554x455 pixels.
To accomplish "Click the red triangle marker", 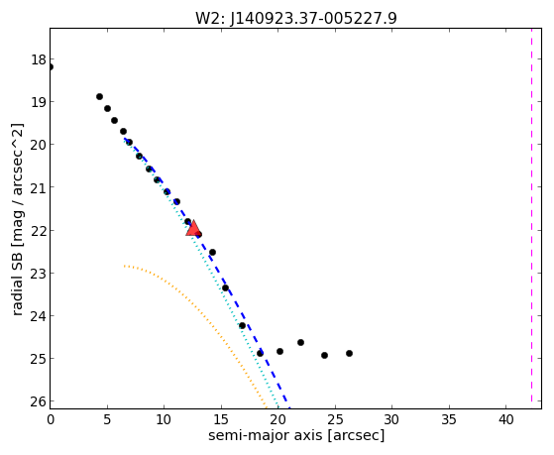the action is tap(193, 228).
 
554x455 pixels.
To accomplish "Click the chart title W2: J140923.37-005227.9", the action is tap(296, 18).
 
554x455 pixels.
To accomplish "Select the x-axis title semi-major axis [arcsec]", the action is tap(296, 435).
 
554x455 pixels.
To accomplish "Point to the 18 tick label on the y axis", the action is tap(38, 59).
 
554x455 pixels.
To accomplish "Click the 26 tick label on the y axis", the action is tap(38, 401).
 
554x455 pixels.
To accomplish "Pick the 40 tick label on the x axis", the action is tap(505, 419).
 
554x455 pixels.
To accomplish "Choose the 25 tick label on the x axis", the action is tap(335, 419).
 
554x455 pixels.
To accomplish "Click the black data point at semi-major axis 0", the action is tap(51, 66).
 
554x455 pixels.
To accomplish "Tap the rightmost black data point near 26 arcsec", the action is tap(349, 353).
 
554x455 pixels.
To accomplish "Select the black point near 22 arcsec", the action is tap(300, 342).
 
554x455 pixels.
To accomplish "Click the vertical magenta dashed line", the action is tap(531, 218).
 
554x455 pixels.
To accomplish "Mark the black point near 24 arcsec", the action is tap(324, 355).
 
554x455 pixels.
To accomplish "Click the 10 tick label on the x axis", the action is tap(164, 419).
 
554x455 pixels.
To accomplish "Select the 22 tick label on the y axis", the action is tap(38, 231).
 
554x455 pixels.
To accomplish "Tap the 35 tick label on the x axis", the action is tap(449, 419).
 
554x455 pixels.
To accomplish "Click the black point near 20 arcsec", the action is tap(279, 352).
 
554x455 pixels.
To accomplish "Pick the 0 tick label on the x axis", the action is tap(51, 419).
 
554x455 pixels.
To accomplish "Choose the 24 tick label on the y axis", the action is tap(38, 315).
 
